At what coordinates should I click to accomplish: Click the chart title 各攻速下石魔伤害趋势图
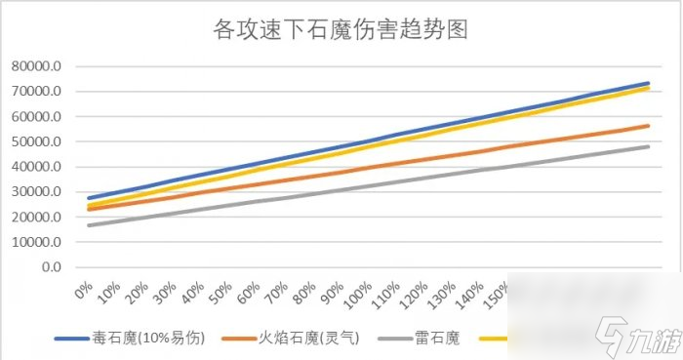click(341, 28)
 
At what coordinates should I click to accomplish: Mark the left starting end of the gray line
click(89, 225)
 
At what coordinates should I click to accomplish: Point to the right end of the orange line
click(649, 125)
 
